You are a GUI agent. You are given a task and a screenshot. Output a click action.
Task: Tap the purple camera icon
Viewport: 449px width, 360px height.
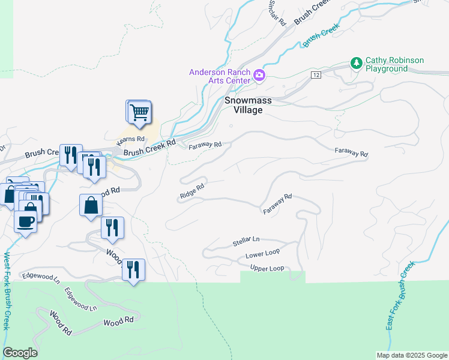259,75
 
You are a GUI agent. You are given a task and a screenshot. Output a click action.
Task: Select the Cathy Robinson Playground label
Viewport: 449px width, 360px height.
395,64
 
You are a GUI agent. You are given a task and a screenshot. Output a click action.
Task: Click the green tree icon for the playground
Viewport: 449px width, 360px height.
357,62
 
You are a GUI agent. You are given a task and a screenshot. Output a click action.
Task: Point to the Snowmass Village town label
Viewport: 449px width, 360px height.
244,106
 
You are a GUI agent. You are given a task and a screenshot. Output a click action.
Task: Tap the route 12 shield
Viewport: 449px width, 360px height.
316,74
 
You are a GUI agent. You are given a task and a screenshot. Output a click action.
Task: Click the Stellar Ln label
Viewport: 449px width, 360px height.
245,242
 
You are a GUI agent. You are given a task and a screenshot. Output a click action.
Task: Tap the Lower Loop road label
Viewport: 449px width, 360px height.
262,255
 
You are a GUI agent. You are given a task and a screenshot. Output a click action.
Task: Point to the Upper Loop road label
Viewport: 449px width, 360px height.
267,268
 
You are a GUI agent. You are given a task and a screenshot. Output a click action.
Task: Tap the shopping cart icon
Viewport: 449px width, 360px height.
139,112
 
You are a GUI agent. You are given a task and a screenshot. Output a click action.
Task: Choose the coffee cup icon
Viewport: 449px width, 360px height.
25,221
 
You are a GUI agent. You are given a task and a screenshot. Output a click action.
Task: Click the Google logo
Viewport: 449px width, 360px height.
20,353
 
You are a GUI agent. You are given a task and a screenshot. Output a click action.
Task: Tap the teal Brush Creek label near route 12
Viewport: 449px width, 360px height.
321,35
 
